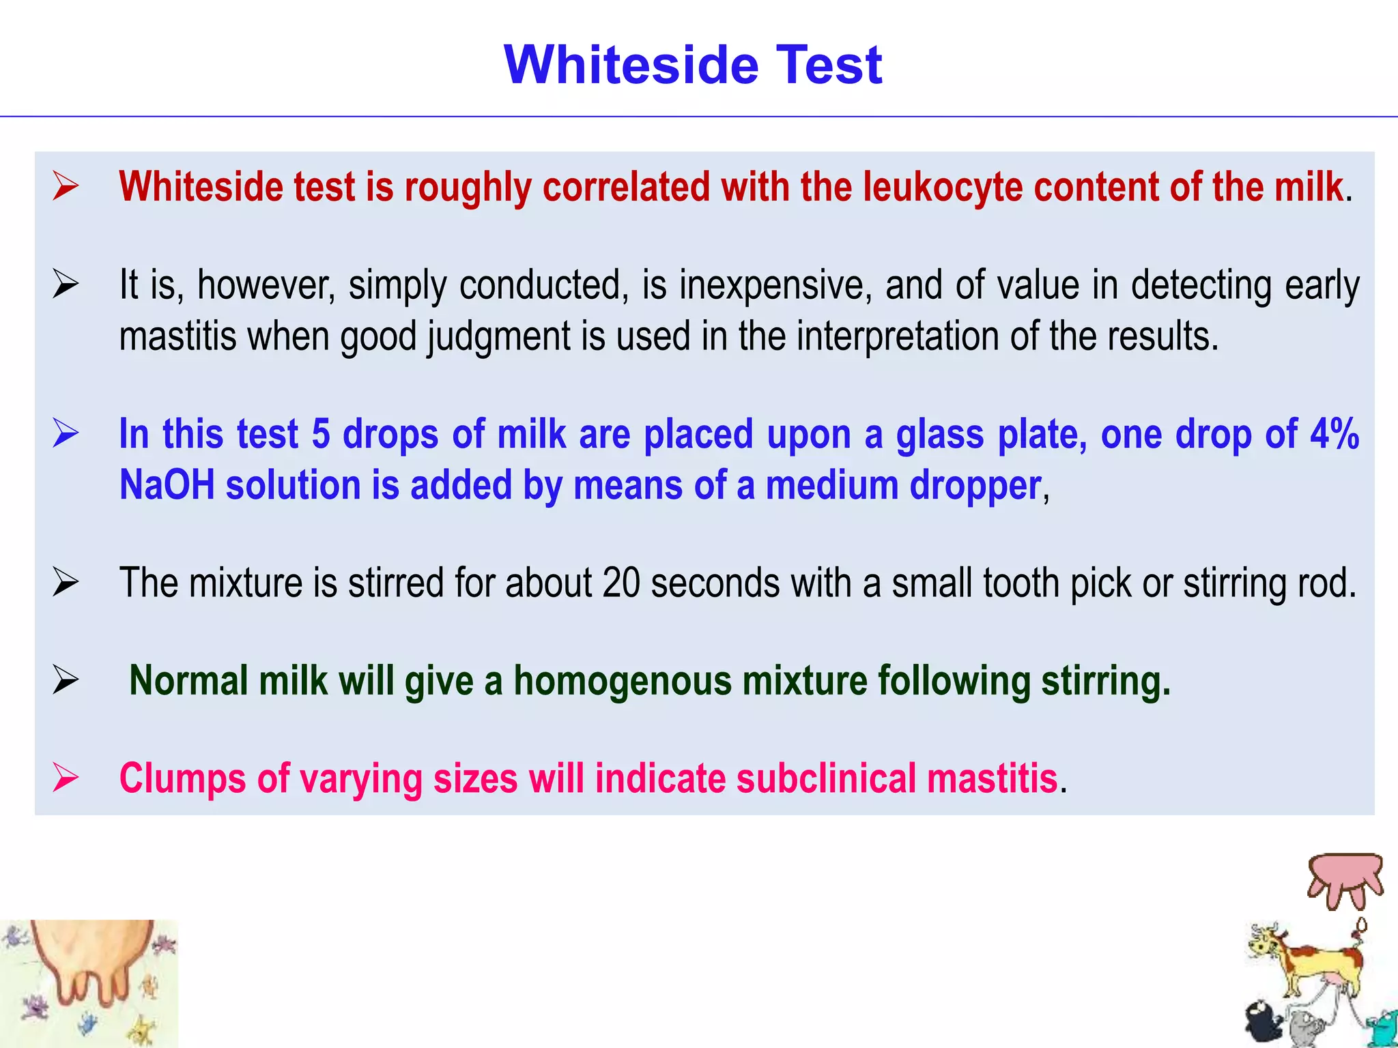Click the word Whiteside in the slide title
(631, 65)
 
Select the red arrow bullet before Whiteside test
(66, 186)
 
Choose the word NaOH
(167, 485)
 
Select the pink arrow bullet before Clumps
(66, 778)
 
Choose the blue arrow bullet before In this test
(66, 433)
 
